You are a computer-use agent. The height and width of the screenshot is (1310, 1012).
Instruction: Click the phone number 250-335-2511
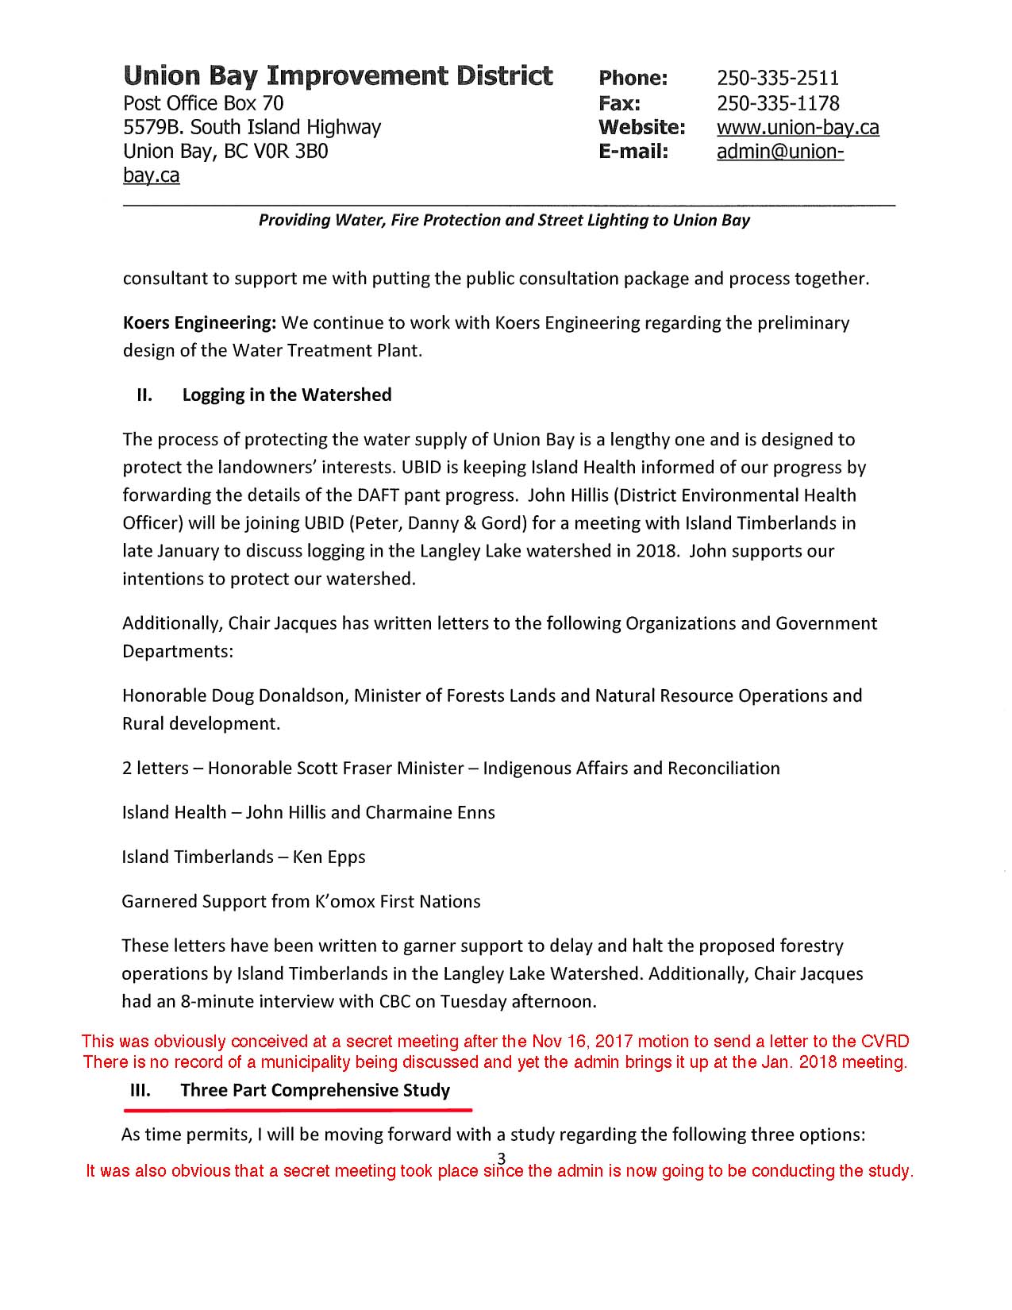[x=777, y=78]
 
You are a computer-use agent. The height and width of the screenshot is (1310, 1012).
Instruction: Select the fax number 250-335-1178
[x=777, y=103]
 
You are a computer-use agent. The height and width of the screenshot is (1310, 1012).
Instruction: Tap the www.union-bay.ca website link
[x=797, y=128]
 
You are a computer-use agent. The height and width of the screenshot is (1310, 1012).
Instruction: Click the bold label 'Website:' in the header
[x=641, y=128]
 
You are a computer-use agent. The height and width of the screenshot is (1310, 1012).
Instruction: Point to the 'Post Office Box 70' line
[x=202, y=103]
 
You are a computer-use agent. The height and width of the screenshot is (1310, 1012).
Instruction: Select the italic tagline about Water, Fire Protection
[x=504, y=220]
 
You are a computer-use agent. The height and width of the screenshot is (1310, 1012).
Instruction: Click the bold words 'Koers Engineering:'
[x=199, y=323]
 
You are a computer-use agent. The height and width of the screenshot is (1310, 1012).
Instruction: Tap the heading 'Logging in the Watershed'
[x=287, y=395]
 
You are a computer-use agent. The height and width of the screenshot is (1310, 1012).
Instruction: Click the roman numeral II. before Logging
[x=144, y=395]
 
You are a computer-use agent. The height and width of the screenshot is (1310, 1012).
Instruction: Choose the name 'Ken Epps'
[x=329, y=857]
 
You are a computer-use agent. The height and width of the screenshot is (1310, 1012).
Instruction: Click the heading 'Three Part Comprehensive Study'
[x=315, y=1090]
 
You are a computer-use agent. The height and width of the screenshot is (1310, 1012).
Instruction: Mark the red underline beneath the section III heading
[x=301, y=1109]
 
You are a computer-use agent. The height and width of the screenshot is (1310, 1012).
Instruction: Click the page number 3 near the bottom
[x=501, y=1157]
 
